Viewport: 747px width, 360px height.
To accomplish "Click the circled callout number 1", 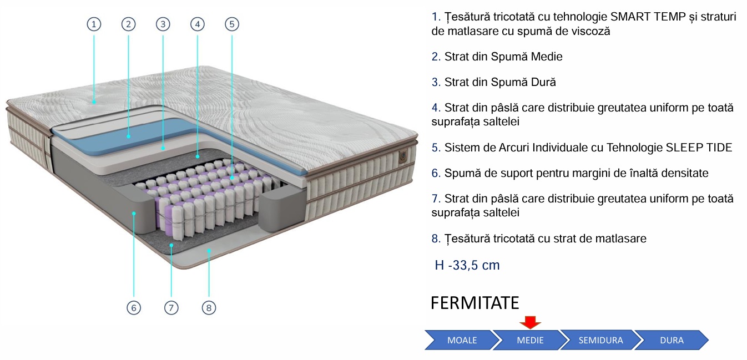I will point(94,24).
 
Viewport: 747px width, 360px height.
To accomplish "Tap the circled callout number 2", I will point(128,24).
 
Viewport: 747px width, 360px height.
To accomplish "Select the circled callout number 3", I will point(163,24).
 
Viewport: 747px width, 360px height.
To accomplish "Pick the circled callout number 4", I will point(197,24).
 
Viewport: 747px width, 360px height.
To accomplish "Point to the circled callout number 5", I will point(232,24).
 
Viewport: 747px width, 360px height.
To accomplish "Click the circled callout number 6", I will point(134,307).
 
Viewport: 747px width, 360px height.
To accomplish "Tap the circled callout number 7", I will point(171,307).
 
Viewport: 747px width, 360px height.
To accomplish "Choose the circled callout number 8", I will point(209,307).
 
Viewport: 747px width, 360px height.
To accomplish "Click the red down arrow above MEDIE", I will point(530,322).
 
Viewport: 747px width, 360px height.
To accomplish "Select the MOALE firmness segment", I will point(461,340).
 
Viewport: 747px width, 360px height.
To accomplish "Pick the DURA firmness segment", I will point(672,340).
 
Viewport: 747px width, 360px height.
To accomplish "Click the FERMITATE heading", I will point(475,303).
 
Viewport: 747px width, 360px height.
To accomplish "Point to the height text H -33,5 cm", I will point(467,265).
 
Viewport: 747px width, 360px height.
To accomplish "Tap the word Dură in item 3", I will point(544,82).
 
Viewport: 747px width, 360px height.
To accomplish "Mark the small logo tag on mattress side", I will point(403,156).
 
